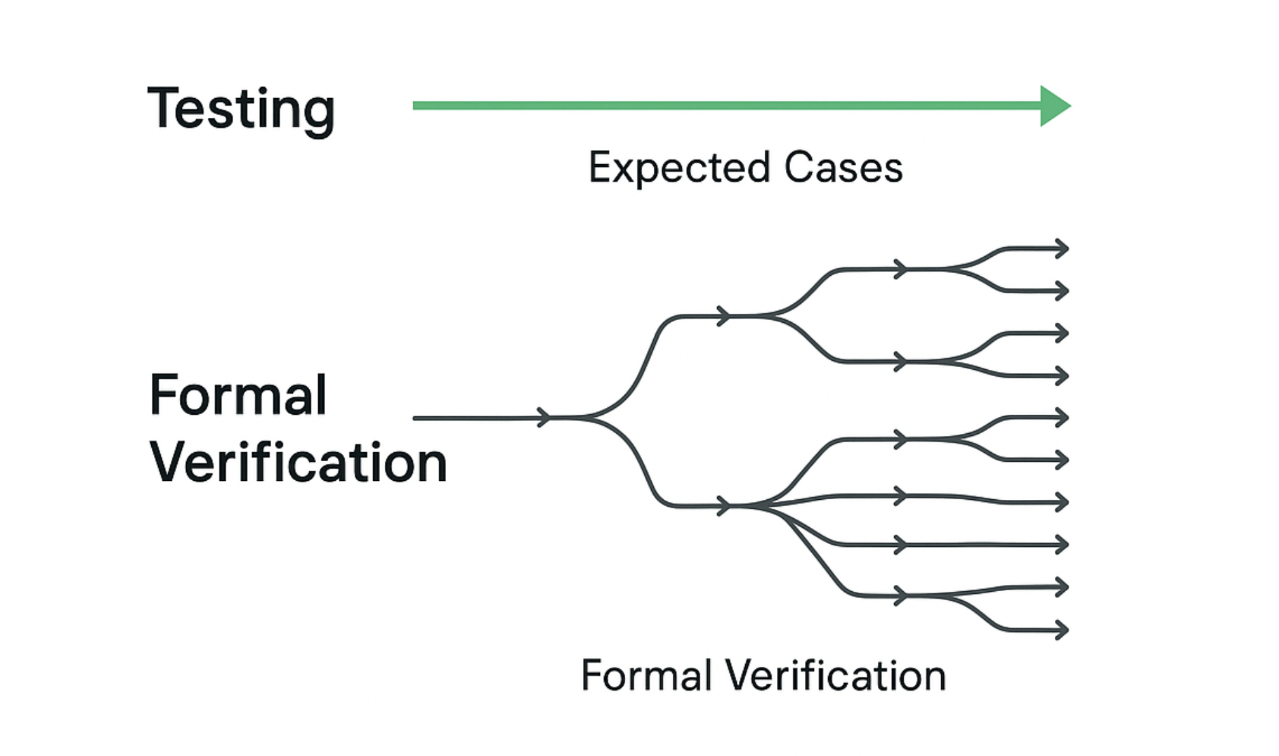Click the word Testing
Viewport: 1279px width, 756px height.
tap(241, 109)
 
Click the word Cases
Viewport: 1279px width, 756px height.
tap(843, 168)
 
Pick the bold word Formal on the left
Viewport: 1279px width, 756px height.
tap(238, 395)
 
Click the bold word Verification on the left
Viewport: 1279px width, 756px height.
tap(298, 462)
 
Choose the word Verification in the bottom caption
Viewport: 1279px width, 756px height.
tap(835, 676)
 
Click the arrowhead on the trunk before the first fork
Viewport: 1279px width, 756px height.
tap(544, 418)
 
